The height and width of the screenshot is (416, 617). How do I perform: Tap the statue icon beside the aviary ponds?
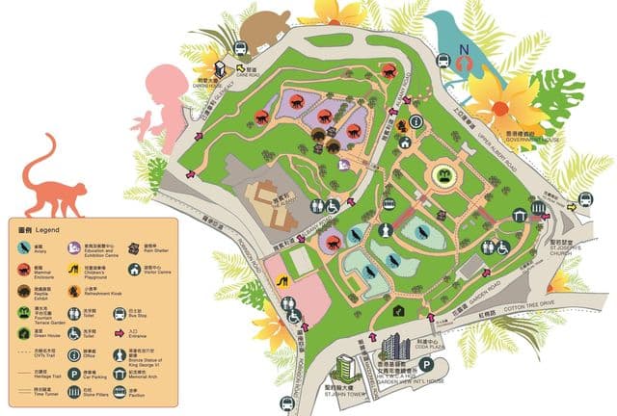point(383,231)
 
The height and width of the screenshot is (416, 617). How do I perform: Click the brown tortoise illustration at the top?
point(263,29)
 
